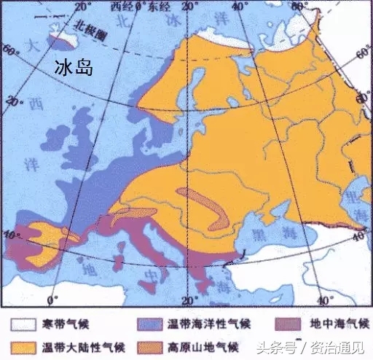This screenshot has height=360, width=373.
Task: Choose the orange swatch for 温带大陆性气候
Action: [25, 345]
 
